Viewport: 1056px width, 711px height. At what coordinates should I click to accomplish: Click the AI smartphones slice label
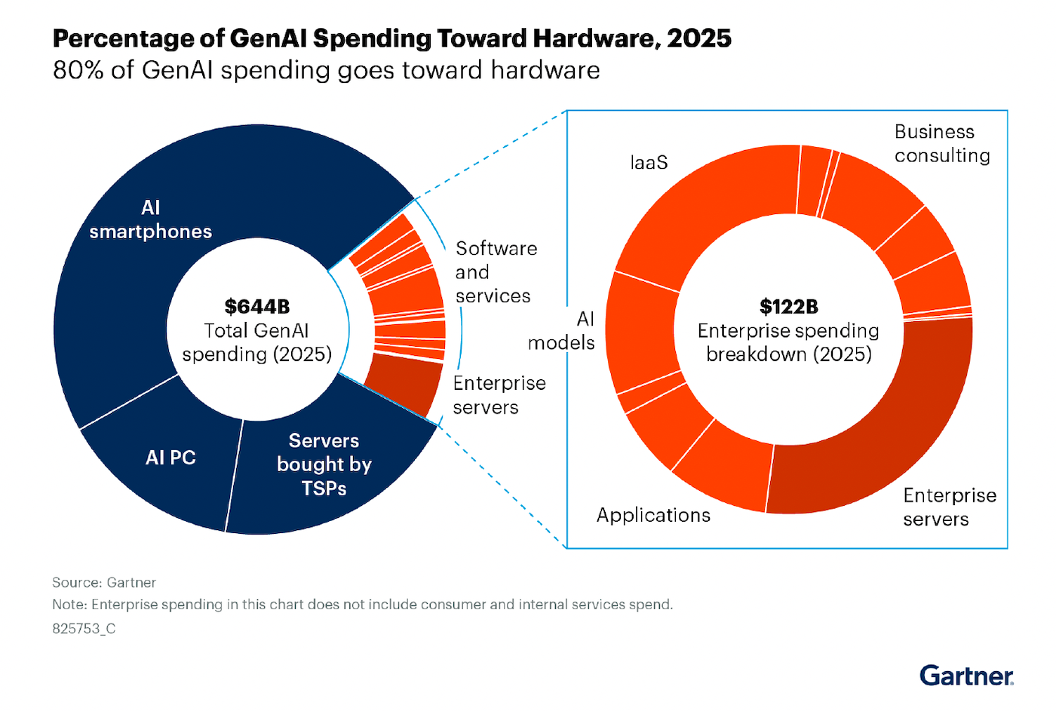(x=151, y=219)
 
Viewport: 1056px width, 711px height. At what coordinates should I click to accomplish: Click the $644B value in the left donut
(x=257, y=307)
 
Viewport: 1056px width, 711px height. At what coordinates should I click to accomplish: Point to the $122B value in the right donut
(x=788, y=307)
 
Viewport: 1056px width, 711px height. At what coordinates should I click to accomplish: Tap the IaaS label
(x=649, y=162)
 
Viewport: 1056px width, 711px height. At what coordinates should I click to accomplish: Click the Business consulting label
(x=942, y=143)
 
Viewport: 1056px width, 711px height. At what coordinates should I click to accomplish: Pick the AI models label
(x=562, y=330)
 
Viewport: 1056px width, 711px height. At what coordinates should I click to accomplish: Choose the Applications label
(x=653, y=515)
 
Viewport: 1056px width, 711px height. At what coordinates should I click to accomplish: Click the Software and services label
(x=496, y=272)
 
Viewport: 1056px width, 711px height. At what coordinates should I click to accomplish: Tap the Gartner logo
(x=966, y=676)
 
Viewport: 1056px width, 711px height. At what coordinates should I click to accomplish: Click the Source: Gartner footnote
(x=104, y=583)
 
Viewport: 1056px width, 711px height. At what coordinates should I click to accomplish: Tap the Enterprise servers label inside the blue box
(x=950, y=507)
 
